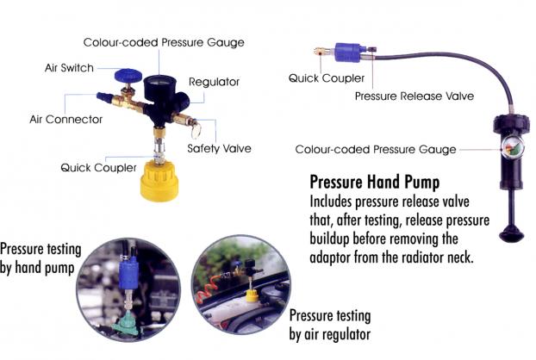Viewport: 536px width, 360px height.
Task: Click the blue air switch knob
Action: point(128,76)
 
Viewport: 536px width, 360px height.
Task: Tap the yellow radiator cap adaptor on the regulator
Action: point(159,180)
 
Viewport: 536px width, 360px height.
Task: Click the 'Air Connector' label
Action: point(66,119)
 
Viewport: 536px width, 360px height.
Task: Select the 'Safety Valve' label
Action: point(219,148)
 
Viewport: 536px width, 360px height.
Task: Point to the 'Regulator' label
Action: point(214,82)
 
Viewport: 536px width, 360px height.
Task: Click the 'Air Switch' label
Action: point(69,68)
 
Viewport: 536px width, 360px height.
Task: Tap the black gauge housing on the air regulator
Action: point(159,88)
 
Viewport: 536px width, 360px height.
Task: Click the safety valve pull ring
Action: point(196,131)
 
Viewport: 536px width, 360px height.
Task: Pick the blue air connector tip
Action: point(104,98)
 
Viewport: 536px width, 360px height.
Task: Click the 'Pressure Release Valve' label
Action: point(414,96)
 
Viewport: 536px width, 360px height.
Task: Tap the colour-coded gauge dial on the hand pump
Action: point(513,147)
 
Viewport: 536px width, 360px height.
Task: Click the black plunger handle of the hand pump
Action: point(511,234)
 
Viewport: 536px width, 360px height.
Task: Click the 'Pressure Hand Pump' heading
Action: point(375,182)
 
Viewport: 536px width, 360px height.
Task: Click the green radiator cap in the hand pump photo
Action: point(125,323)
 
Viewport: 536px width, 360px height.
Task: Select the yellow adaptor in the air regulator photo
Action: point(252,295)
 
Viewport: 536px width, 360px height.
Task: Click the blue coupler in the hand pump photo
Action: point(128,272)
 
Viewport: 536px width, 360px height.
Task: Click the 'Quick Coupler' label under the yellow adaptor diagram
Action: point(98,168)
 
